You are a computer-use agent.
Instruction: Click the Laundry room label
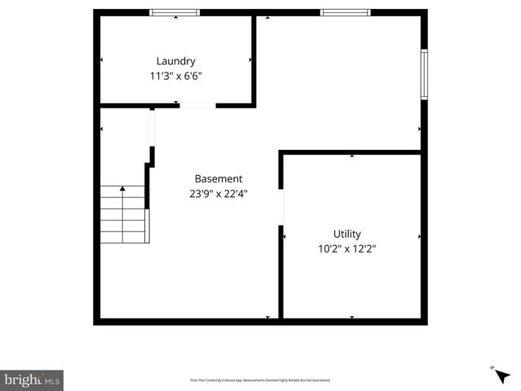175,60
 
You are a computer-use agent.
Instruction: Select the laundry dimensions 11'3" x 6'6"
175,76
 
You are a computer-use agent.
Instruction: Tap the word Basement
218,178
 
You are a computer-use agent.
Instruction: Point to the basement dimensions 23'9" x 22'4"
218,194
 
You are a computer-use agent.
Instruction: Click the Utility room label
347,234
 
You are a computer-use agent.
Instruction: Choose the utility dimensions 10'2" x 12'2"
347,249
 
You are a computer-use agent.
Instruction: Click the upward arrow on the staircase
122,190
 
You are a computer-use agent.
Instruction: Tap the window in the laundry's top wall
174,12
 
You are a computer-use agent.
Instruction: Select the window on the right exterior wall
424,74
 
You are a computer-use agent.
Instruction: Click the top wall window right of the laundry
345,12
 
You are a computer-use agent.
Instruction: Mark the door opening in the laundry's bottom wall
197,104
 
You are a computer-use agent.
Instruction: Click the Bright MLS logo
32,380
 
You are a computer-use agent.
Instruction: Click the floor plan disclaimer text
260,380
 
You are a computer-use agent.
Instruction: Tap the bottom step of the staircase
124,238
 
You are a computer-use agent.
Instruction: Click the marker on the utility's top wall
351,155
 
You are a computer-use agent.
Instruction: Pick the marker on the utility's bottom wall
351,317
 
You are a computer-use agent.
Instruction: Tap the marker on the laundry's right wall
250,60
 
